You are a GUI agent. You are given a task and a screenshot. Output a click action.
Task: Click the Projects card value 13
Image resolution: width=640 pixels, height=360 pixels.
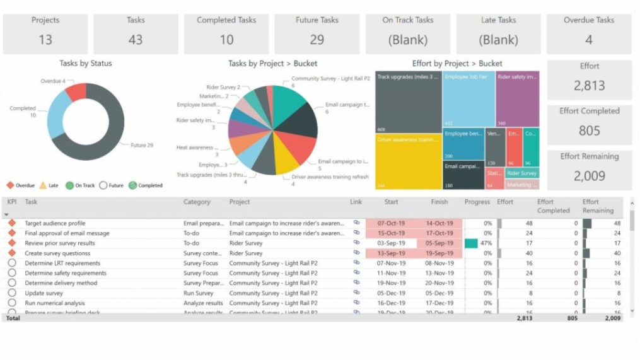[45, 40]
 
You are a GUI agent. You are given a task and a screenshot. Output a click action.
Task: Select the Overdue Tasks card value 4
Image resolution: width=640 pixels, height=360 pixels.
[588, 40]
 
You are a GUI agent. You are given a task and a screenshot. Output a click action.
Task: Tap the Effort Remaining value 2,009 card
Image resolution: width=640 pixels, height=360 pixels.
[589, 176]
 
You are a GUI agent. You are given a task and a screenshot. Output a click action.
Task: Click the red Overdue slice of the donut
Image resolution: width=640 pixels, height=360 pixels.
[76, 92]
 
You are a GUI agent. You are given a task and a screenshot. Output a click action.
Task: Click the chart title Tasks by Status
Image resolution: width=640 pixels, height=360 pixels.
[86, 63]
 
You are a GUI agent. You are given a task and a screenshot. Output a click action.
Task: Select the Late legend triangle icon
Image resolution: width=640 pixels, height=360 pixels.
[43, 185]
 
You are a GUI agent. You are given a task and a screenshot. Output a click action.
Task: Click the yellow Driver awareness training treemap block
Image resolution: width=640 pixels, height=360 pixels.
[408, 161]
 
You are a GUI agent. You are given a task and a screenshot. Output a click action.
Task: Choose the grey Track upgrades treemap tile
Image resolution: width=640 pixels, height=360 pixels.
[408, 101]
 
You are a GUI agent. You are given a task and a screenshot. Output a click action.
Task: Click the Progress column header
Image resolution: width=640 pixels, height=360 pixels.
[477, 202]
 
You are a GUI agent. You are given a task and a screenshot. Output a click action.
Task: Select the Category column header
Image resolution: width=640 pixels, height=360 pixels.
[197, 202]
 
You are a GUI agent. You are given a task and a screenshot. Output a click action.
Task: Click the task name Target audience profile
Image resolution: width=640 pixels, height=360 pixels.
[55, 223]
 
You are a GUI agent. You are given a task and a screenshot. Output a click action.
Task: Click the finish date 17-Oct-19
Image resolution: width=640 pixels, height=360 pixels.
[439, 233]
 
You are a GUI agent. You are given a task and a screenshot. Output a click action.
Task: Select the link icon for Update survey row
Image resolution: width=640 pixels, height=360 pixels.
[356, 293]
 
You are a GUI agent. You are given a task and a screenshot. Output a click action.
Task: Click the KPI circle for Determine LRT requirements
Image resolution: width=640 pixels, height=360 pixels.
[11, 263]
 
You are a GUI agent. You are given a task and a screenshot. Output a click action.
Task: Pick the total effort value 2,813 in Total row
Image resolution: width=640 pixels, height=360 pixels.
[524, 318]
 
